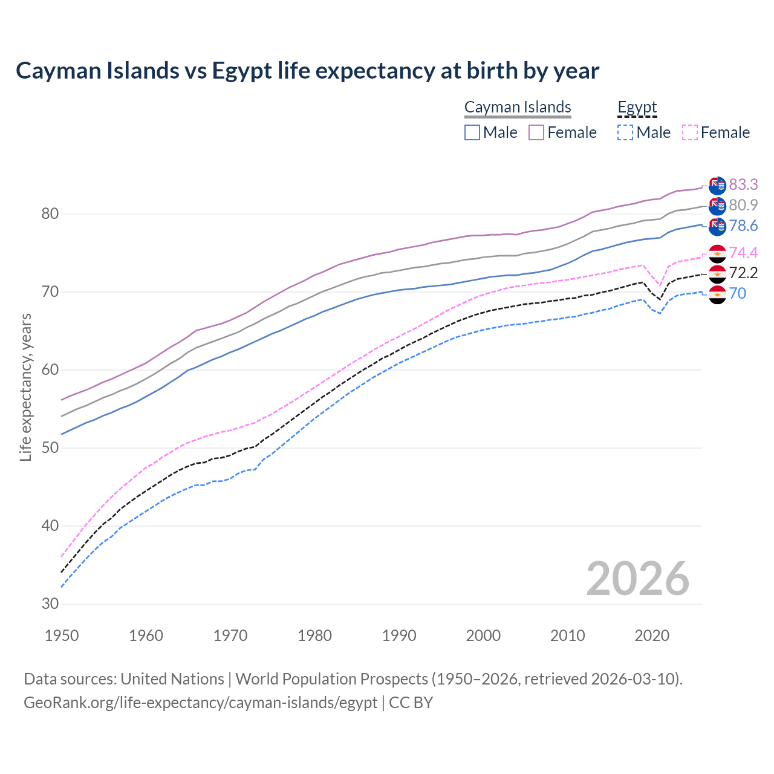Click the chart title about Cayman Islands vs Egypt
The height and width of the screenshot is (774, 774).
307,71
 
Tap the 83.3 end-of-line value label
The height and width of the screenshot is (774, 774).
743,184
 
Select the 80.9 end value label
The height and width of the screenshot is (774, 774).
743,206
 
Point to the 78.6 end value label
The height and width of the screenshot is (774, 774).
743,226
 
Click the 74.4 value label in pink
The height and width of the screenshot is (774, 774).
743,253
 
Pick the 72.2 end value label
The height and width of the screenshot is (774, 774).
743,273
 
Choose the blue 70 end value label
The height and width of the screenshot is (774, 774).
737,294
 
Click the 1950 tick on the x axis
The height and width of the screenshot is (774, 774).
62,636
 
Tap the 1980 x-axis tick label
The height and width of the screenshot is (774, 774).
314,636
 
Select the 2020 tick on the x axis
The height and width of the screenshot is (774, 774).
652,636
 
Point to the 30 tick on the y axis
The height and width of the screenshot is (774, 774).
50,604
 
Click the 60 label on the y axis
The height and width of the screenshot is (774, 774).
50,370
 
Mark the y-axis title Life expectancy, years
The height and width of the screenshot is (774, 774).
26,387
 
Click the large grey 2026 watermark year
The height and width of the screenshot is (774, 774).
637,579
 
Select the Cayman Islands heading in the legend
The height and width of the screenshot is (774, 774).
518,108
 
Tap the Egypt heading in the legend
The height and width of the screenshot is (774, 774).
637,108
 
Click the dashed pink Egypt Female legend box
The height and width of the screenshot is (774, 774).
690,132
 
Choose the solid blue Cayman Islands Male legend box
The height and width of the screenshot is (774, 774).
472,132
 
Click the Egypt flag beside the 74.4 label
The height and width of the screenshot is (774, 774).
717,253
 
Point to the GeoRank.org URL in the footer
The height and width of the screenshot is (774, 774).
200,703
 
